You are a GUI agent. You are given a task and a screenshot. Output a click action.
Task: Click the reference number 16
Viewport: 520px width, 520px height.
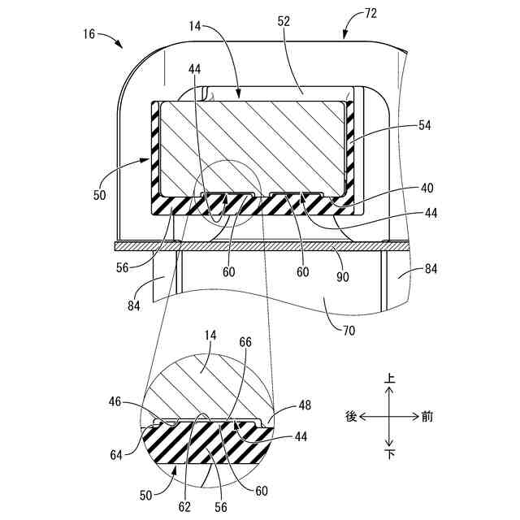click(89, 34)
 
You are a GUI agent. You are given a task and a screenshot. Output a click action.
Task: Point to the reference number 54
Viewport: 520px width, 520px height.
click(426, 125)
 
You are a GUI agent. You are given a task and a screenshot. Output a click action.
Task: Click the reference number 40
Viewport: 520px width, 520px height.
click(426, 186)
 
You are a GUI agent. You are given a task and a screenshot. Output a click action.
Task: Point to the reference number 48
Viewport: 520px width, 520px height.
click(305, 404)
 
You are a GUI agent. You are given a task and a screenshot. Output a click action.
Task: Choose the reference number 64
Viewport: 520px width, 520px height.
click(117, 454)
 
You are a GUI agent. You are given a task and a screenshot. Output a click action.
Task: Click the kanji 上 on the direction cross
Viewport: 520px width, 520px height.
click(390, 379)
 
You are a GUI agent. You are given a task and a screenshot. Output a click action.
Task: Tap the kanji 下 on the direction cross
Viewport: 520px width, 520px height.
click(390, 454)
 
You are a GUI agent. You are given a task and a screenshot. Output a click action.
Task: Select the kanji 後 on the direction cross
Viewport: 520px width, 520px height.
click(351, 417)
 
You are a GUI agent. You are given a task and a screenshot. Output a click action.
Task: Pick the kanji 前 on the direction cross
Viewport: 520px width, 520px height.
click(427, 417)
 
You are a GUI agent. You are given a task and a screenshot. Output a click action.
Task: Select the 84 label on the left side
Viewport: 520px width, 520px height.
click(134, 305)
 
